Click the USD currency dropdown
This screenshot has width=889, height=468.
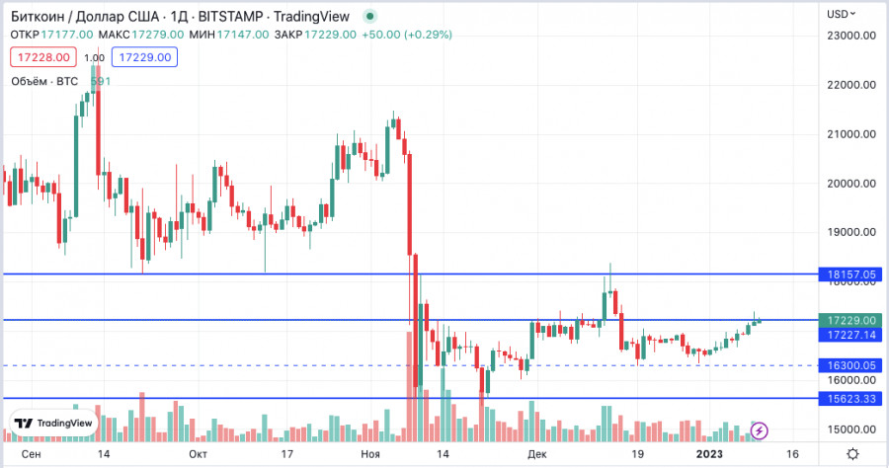841,14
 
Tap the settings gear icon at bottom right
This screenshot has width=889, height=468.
851,453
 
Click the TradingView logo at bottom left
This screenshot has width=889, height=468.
55,423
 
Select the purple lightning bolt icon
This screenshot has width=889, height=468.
761,429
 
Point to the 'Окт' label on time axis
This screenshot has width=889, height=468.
198,453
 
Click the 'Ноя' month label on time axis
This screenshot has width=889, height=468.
370,453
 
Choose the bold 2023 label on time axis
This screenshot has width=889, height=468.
709,453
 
